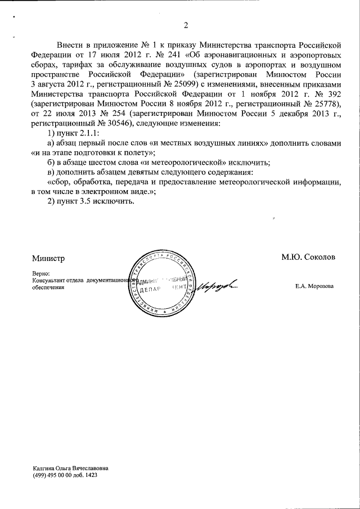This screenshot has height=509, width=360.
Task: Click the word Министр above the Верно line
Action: pos(48,258)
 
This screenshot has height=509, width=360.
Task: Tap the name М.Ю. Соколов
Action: pos(308,257)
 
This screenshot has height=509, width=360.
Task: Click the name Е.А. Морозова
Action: pos(314,286)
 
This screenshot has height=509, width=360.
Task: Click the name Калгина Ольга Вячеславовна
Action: pos(70,468)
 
